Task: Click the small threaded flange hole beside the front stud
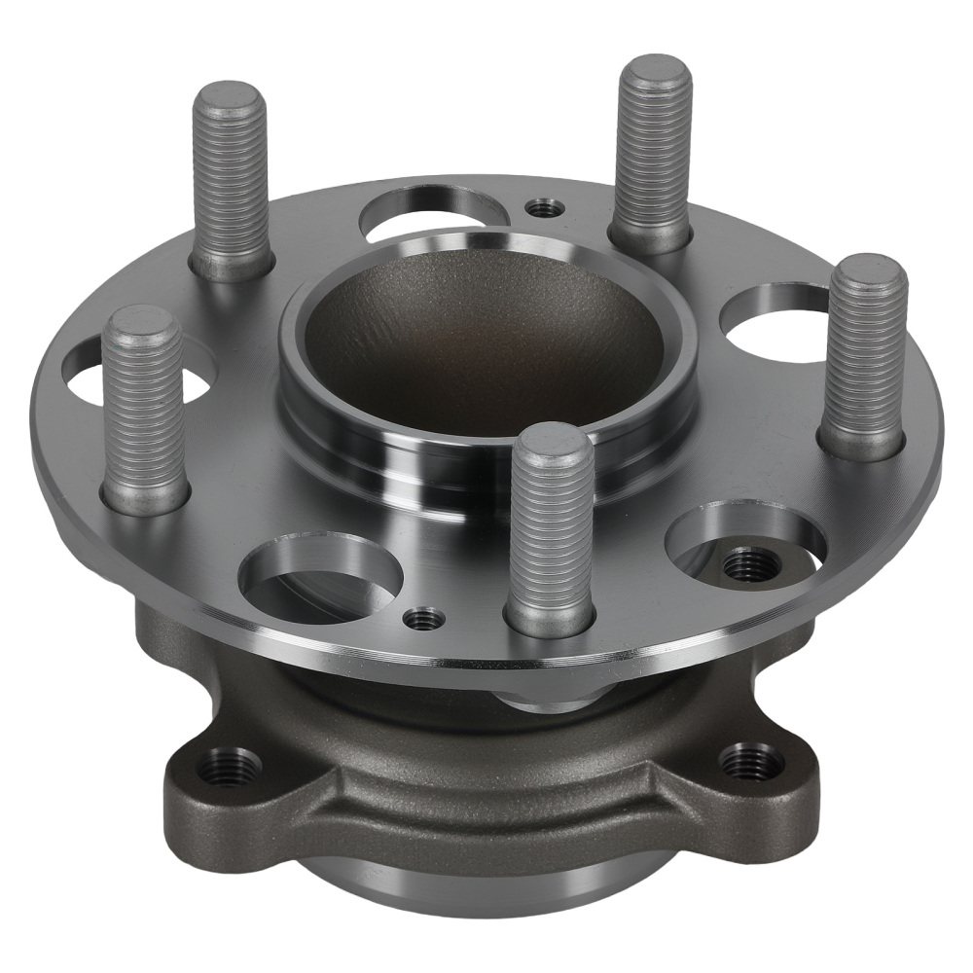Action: tap(423, 617)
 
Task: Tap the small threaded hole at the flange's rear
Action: tap(542, 207)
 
